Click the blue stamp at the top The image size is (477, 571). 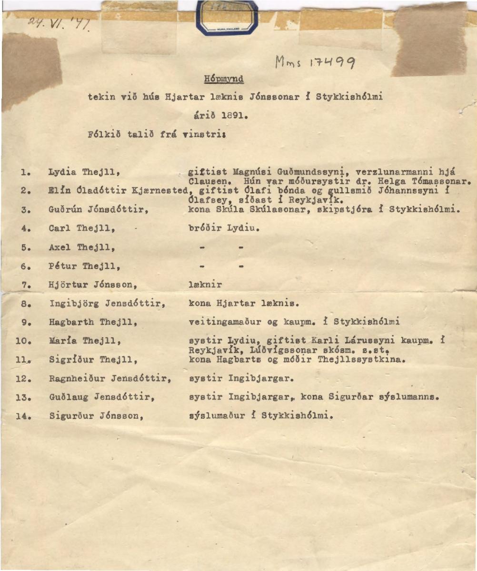[228, 18]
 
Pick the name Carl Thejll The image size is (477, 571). [83, 228]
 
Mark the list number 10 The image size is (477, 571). [21, 342]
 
